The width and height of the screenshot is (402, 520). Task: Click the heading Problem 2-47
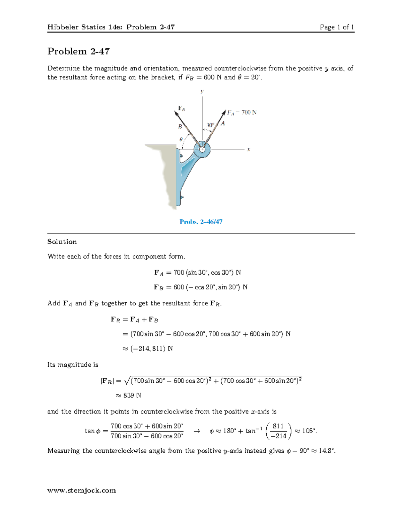(x=78, y=51)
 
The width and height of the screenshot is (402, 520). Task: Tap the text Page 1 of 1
(x=337, y=27)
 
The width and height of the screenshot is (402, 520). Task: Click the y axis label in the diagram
(x=202, y=91)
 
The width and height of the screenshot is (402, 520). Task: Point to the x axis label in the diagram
(x=249, y=150)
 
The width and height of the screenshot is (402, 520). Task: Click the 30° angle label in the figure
(x=210, y=125)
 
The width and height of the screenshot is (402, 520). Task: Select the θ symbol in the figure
(x=181, y=139)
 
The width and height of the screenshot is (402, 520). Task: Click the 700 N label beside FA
(x=249, y=113)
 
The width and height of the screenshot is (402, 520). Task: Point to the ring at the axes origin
(x=202, y=149)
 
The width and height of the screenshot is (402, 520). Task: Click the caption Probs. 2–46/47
(x=201, y=222)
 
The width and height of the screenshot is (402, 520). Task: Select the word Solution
(x=62, y=242)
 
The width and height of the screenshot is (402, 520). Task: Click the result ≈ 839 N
(x=128, y=395)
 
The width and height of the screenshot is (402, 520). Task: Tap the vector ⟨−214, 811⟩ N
(x=148, y=349)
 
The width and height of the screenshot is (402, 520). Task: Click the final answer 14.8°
(x=327, y=451)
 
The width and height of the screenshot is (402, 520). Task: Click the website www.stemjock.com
(x=82, y=491)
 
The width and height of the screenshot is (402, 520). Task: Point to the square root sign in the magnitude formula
(x=127, y=381)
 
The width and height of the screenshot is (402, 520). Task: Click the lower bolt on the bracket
(x=181, y=197)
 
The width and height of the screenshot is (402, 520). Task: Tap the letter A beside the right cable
(x=223, y=124)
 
